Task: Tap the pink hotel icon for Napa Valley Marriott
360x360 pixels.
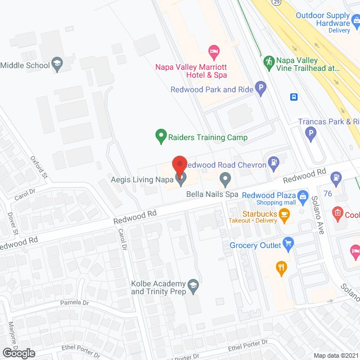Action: [x=213, y=52]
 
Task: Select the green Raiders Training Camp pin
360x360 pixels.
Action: [x=161, y=136]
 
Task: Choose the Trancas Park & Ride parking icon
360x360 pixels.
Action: [x=310, y=133]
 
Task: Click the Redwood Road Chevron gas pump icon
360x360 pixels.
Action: [x=274, y=163]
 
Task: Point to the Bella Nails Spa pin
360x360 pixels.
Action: [x=225, y=180]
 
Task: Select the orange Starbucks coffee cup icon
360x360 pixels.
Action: [x=285, y=214]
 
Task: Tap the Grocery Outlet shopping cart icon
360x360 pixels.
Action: [x=289, y=244]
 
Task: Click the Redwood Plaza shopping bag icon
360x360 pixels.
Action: [x=302, y=196]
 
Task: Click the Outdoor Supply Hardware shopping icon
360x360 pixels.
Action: [x=356, y=21]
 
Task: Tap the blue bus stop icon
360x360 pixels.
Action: [x=294, y=97]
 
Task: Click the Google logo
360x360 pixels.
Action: [x=19, y=353]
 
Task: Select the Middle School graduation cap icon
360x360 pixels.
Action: [x=56, y=64]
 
